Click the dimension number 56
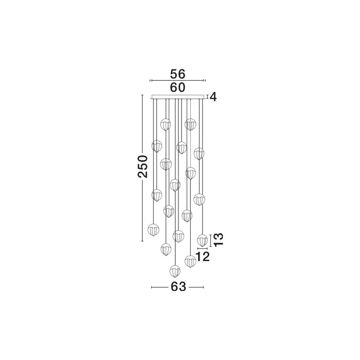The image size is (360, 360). [177, 74]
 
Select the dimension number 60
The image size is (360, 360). [177, 87]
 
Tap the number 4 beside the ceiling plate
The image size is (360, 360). [213, 97]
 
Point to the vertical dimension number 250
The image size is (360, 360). [142, 167]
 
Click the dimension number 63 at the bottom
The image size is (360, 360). [178, 287]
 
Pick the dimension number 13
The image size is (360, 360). [219, 240]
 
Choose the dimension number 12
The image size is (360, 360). [203, 257]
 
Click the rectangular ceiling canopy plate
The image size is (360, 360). [177, 97]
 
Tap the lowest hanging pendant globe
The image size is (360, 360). [175, 271]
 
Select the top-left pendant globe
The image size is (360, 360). [166, 124]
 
